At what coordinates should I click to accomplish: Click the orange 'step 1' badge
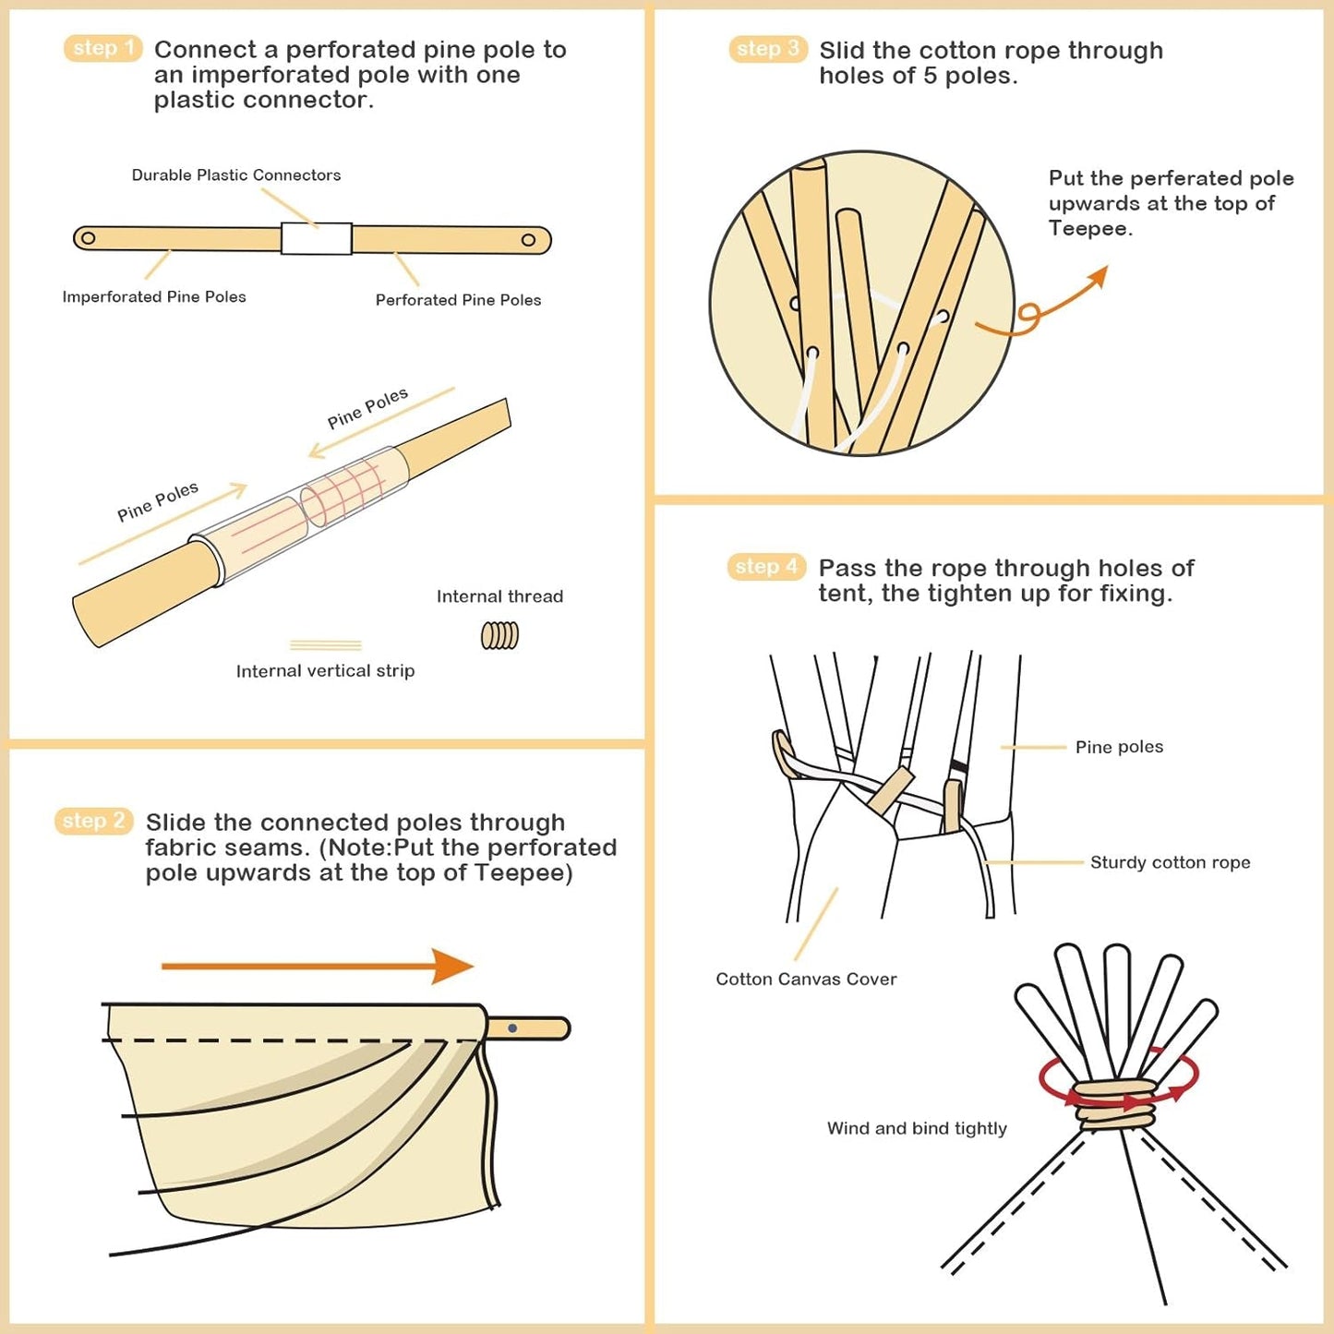click(102, 48)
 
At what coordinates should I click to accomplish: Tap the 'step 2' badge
click(93, 821)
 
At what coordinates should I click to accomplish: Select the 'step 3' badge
click(767, 49)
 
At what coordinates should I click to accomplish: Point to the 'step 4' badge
click(766, 567)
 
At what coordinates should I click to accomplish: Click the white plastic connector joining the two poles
click(316, 238)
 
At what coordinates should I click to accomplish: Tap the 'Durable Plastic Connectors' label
click(236, 175)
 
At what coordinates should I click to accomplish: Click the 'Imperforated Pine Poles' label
click(154, 297)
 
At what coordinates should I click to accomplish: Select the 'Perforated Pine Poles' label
click(458, 300)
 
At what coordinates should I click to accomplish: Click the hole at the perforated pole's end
click(528, 240)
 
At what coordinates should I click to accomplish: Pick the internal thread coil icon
click(499, 635)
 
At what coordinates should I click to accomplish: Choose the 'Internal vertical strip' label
click(325, 671)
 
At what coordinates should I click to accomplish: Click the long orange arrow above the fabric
click(317, 967)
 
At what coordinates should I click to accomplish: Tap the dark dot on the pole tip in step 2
click(512, 1028)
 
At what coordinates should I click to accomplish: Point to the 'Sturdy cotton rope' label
click(1170, 862)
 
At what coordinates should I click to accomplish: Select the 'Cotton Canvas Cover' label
click(806, 979)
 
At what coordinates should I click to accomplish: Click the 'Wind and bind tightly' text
click(917, 1128)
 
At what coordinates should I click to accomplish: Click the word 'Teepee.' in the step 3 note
click(1090, 229)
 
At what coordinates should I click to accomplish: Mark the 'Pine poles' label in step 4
click(1119, 747)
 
